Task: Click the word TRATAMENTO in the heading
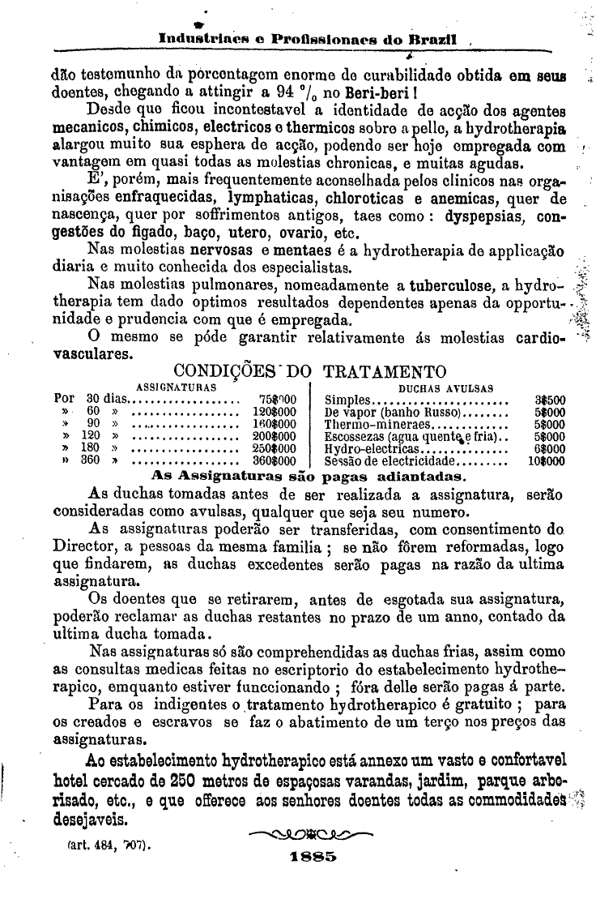pos(385,371)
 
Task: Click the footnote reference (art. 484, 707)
pos(111,843)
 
